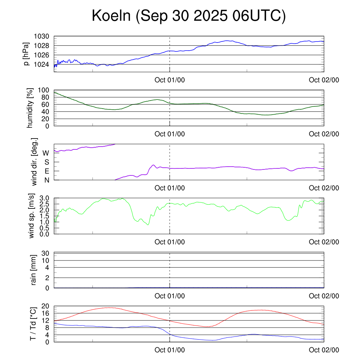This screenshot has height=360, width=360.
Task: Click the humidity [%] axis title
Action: [31, 108]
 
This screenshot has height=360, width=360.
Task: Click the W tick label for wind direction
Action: [46, 153]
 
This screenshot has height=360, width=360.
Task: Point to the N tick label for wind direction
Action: [46, 180]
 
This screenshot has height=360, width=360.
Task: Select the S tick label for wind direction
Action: [46, 162]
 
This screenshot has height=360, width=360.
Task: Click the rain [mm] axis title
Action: [34, 270]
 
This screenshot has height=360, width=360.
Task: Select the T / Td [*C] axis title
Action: [33, 323]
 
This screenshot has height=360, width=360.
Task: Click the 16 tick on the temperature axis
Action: [46, 313]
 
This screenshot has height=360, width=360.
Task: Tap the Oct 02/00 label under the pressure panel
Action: [324, 80]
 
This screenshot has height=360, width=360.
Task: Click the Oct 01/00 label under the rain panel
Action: [169, 296]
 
